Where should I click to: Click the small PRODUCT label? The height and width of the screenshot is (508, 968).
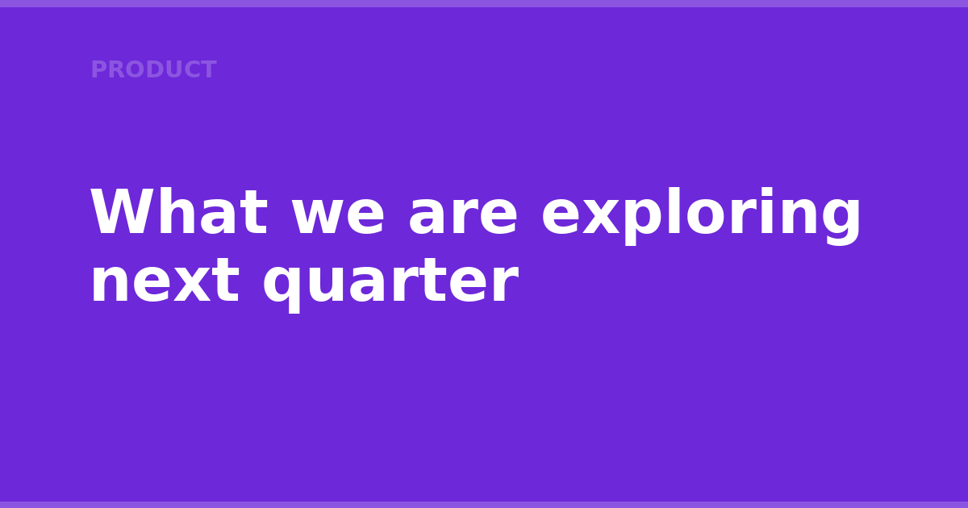click(x=153, y=69)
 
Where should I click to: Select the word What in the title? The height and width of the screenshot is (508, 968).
click(x=179, y=211)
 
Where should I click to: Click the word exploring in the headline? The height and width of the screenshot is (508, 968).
click(x=701, y=216)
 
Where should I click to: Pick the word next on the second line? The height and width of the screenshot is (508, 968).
click(x=165, y=281)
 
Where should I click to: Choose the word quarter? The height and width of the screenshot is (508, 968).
click(x=390, y=285)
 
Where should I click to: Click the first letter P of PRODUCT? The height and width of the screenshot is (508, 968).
click(x=98, y=69)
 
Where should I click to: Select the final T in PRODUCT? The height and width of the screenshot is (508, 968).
click(x=208, y=69)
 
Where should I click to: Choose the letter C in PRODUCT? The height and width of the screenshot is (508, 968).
click(x=192, y=69)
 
